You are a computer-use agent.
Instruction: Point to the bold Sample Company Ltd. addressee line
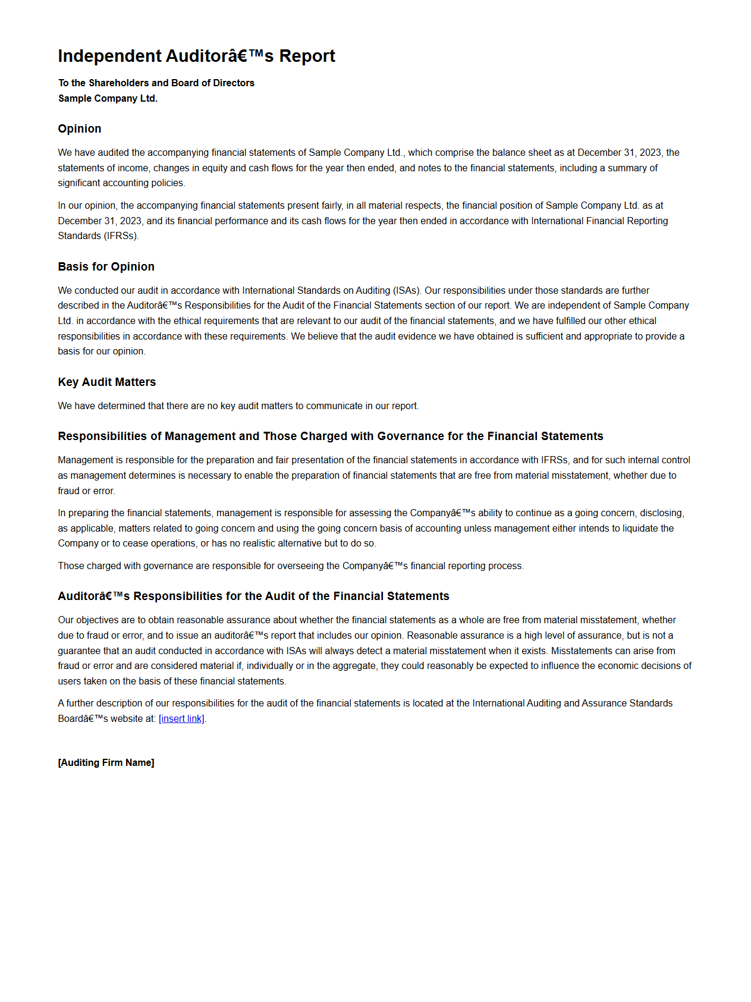tap(108, 99)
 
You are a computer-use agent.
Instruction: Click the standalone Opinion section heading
tap(80, 129)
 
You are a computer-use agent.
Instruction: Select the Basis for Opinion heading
tap(106, 267)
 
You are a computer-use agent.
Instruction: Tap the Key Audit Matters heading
tap(106, 382)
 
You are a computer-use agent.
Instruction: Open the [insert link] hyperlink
tap(181, 719)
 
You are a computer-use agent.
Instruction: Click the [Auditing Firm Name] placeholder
tap(106, 763)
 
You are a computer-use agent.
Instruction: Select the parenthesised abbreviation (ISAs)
tap(407, 291)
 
